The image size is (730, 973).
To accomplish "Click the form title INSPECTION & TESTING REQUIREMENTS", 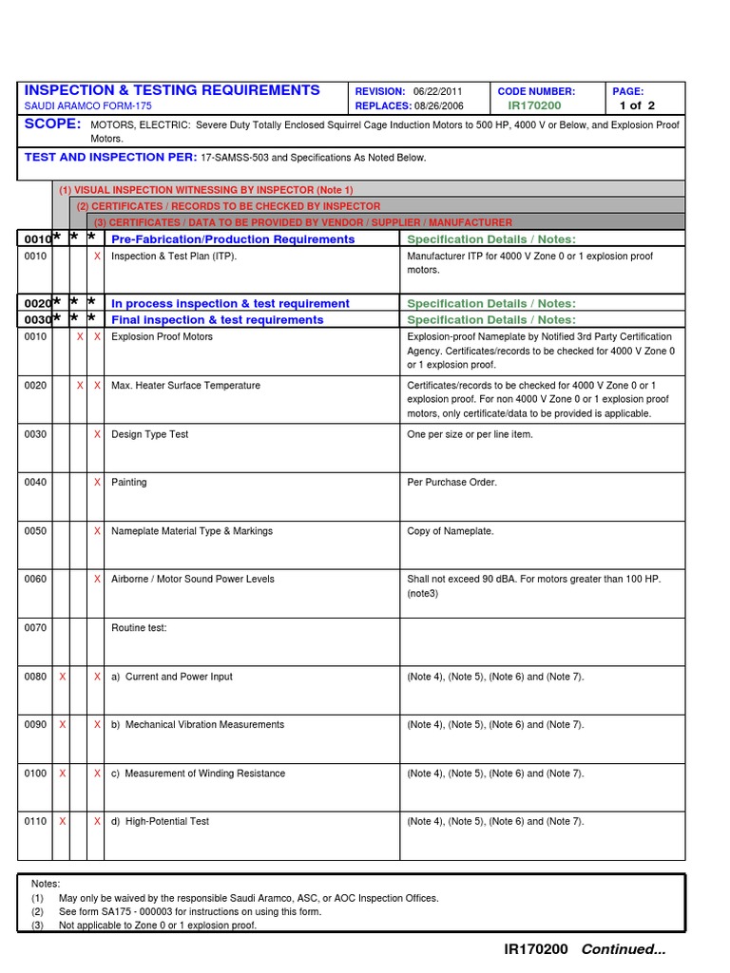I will [172, 90].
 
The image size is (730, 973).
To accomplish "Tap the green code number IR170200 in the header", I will [534, 106].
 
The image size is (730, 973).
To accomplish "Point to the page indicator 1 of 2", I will [637, 106].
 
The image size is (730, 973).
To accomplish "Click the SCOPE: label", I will [53, 125].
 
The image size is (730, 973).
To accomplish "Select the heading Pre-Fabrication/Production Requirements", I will [233, 239].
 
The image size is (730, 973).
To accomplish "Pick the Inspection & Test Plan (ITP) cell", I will [174, 257].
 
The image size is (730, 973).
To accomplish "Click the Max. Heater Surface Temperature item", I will [185, 386].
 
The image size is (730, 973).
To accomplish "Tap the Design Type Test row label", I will [150, 434].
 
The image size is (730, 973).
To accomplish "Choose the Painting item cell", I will [129, 483].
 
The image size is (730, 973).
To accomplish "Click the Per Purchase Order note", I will [451, 483].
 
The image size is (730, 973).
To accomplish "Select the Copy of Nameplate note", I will [451, 531].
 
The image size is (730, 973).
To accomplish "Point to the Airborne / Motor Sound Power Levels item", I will [193, 580].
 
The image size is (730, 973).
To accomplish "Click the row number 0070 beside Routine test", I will [35, 628].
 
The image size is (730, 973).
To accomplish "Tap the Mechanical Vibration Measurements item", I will [204, 725].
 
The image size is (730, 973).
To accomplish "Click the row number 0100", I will [35, 773].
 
